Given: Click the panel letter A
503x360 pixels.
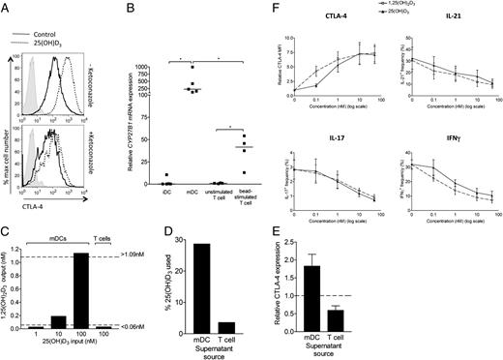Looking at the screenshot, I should coord(7,9).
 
